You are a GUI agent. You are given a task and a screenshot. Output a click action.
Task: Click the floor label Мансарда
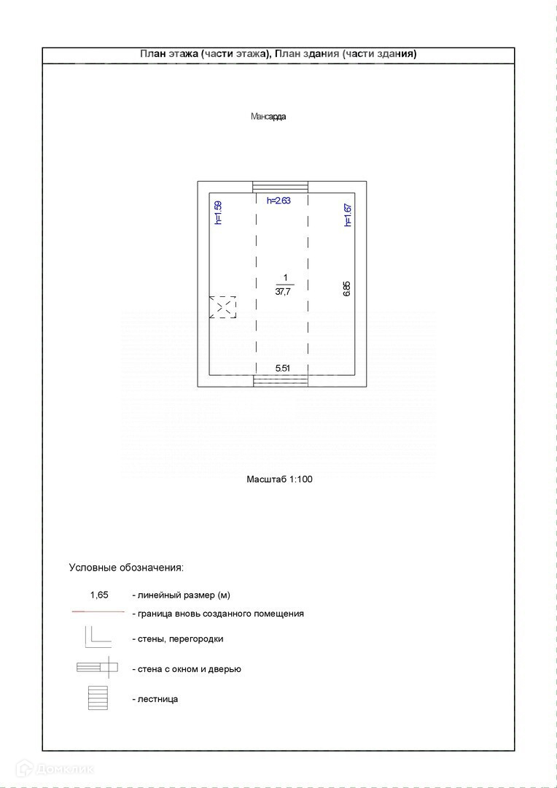(x=268, y=117)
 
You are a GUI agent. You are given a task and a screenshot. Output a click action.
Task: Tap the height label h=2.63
(x=278, y=201)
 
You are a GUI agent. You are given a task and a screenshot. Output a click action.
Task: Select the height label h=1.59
(x=217, y=213)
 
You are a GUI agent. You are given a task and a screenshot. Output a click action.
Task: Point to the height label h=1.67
(x=348, y=215)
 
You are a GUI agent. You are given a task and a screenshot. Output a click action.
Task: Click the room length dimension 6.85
(x=347, y=289)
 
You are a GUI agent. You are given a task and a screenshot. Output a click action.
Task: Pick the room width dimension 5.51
(x=283, y=368)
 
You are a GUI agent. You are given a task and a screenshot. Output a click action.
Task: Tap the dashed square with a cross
(x=223, y=306)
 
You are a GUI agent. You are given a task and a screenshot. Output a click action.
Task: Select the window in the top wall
(x=281, y=187)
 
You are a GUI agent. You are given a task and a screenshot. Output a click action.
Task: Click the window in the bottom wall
(x=281, y=379)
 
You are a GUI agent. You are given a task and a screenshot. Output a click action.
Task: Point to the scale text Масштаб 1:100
(x=280, y=479)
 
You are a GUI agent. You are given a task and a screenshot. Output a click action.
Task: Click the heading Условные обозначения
(x=126, y=566)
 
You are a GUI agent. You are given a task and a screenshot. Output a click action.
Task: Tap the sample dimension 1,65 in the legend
(x=99, y=595)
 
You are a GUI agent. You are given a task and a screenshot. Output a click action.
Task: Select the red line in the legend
(x=98, y=611)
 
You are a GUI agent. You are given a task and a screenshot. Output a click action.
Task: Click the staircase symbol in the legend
(x=98, y=698)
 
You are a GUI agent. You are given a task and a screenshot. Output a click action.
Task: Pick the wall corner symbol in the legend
(x=97, y=637)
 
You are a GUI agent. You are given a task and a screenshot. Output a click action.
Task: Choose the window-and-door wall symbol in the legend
(x=98, y=666)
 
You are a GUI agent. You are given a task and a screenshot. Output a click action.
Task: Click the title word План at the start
(x=152, y=54)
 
